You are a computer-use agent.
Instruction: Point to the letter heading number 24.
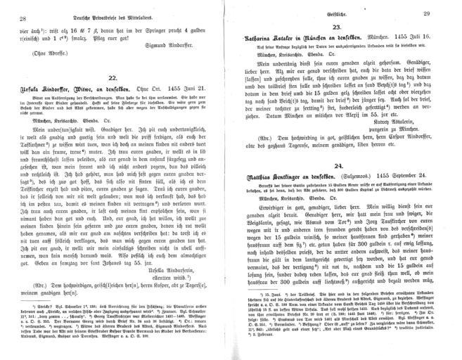click(337, 183)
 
